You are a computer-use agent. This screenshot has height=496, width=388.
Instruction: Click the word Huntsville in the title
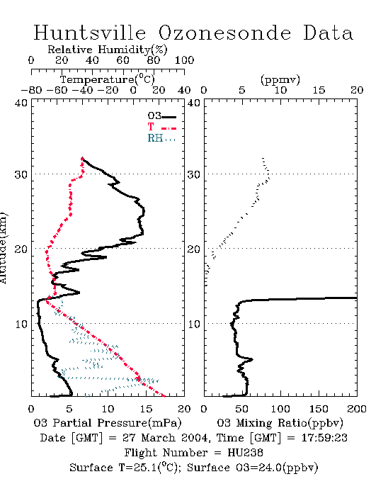pyautogui.click(x=90, y=33)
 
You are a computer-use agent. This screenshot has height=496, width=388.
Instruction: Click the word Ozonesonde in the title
pyautogui.click(x=224, y=33)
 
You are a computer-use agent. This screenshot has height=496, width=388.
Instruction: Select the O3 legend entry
pyautogui.click(x=161, y=116)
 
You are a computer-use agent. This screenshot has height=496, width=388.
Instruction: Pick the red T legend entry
pyautogui.click(x=161, y=127)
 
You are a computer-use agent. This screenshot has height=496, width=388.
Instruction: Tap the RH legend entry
pyautogui.click(x=161, y=138)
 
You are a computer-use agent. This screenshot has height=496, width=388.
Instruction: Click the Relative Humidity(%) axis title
pyautogui.click(x=108, y=50)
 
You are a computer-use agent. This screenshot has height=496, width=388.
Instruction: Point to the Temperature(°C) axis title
pyautogui.click(x=108, y=79)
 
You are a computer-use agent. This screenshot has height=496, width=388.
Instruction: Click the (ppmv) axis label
pyautogui.click(x=280, y=79)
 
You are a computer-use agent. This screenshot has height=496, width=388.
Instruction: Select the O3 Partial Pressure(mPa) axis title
pyautogui.click(x=108, y=423)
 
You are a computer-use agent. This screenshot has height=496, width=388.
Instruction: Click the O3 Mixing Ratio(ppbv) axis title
pyautogui.click(x=280, y=423)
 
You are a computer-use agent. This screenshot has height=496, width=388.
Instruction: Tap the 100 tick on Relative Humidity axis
pyautogui.click(x=184, y=60)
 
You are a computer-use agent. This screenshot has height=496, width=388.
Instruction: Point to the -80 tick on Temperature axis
pyautogui.click(x=31, y=90)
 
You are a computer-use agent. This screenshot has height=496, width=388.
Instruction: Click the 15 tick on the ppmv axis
pyautogui.click(x=319, y=90)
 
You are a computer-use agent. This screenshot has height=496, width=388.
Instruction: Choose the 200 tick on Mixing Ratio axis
pyautogui.click(x=357, y=409)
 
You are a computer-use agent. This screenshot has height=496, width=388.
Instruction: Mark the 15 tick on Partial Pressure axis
pyautogui.click(x=146, y=409)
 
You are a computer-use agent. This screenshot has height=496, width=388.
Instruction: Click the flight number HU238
pyautogui.click(x=245, y=453)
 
